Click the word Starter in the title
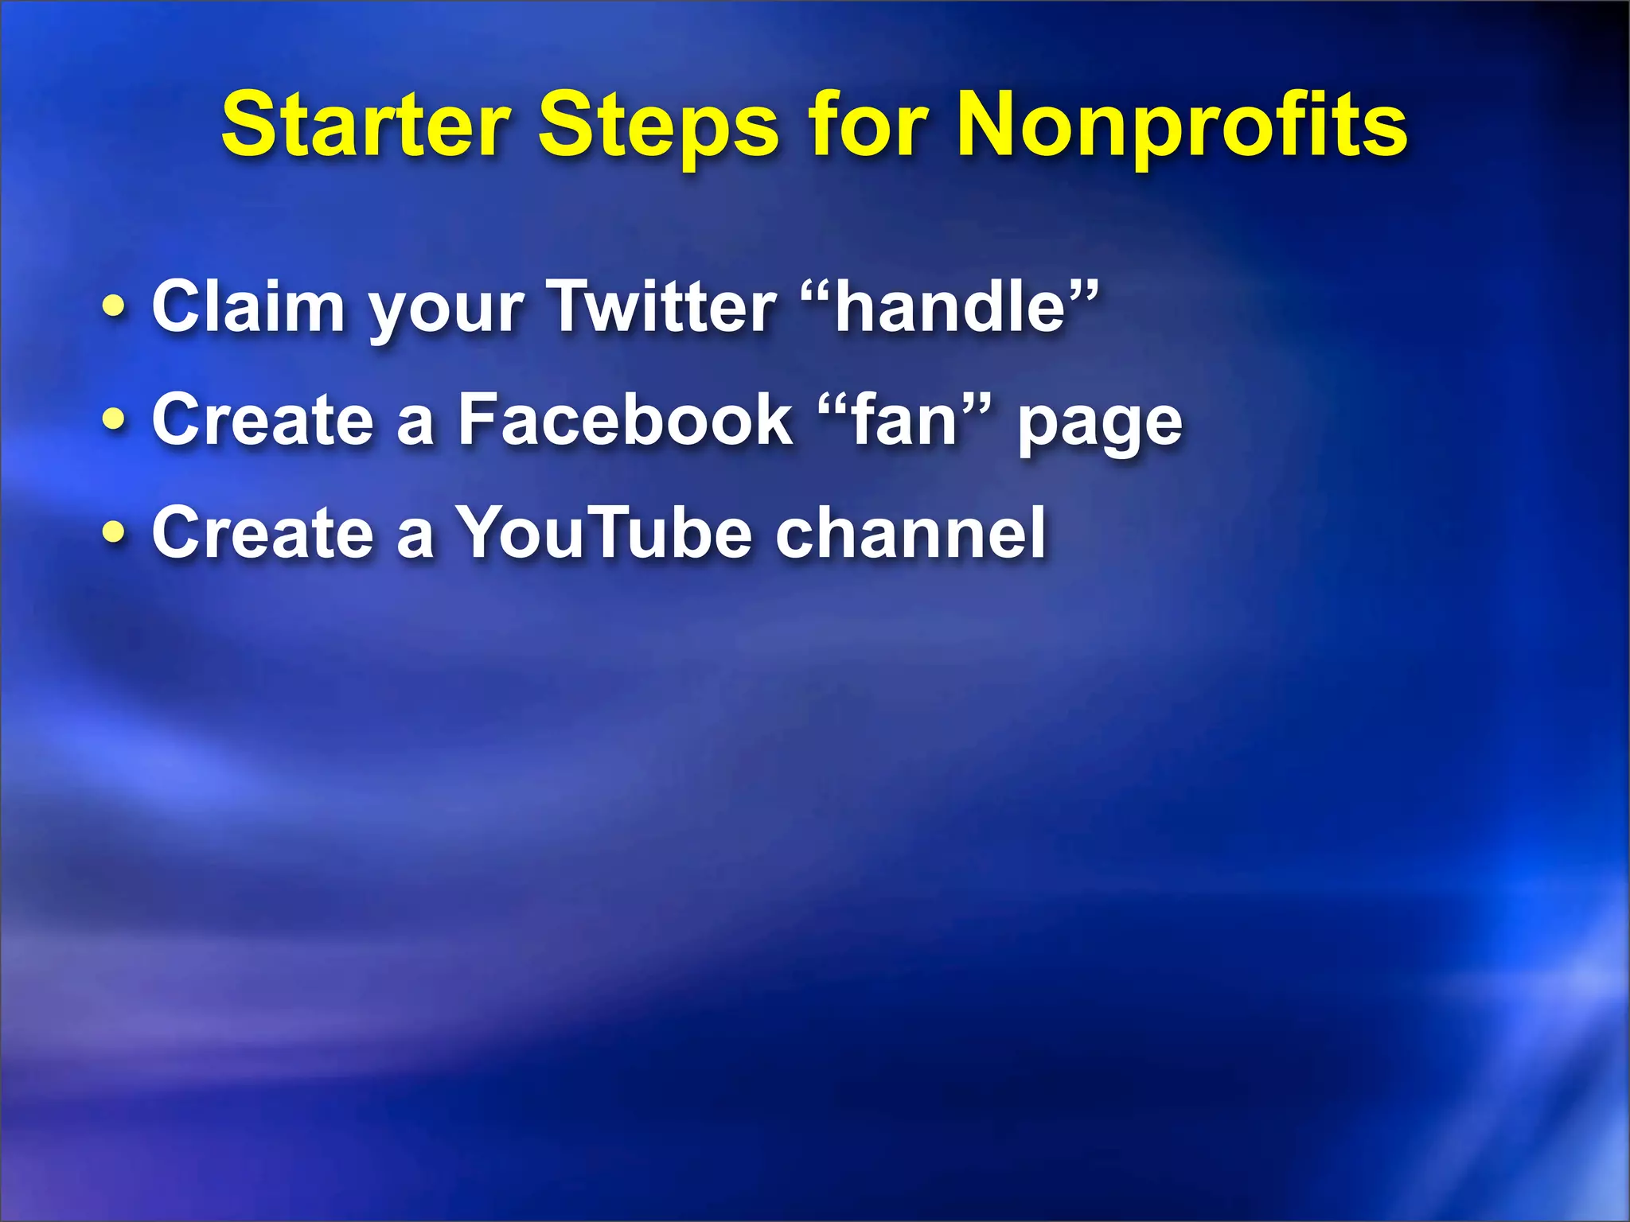tap(365, 126)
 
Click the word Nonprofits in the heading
tap(1181, 126)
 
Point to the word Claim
tap(248, 306)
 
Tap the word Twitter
tap(663, 306)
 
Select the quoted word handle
tap(950, 306)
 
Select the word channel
tap(911, 532)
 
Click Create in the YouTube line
tap(262, 532)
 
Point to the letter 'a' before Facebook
tap(415, 424)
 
